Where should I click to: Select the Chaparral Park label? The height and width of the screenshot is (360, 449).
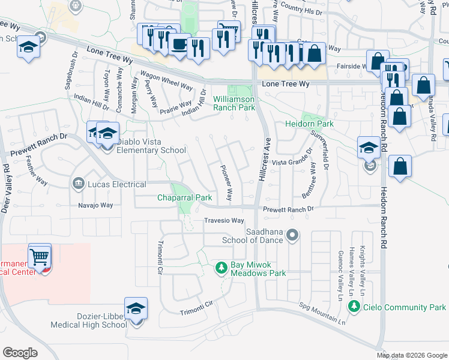(x=185, y=197)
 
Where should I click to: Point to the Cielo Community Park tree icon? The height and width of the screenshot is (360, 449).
(x=354, y=307)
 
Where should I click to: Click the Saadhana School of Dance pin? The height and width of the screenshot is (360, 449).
(x=292, y=235)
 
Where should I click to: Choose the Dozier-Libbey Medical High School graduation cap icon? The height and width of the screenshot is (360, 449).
(x=136, y=310)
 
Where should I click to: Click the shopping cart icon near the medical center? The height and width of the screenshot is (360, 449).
(x=40, y=257)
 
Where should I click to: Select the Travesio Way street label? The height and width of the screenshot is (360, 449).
(x=224, y=221)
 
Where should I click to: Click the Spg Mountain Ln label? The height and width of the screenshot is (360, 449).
(x=322, y=314)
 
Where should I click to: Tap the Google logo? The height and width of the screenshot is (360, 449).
(x=20, y=352)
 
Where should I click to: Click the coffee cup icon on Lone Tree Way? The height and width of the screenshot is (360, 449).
(x=178, y=44)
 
